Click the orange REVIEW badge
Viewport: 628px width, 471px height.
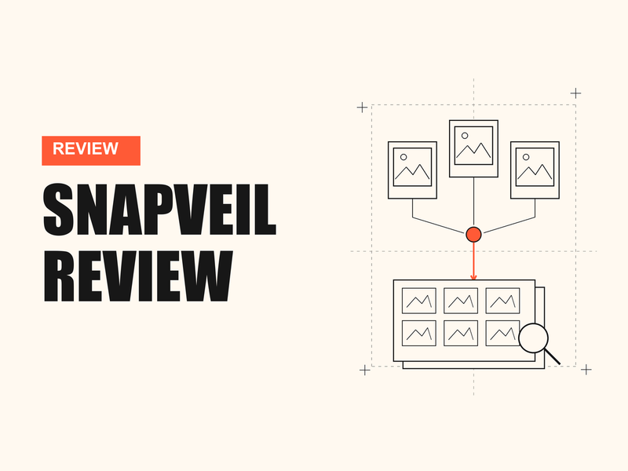91,151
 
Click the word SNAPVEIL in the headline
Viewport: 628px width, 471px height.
159,210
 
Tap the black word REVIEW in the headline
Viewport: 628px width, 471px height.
138,276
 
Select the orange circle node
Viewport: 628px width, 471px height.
473,235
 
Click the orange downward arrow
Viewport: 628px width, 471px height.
473,261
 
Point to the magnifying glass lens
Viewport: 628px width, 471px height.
533,338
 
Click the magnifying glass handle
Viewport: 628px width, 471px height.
553,357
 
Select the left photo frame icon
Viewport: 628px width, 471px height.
412,170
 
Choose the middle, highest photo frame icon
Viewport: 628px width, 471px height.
473,148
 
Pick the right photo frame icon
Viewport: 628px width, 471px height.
535,170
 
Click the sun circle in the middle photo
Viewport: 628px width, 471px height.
465,136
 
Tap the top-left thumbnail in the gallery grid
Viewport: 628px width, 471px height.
419,301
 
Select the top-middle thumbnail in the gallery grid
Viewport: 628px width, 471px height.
461,301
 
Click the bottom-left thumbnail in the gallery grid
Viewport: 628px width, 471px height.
419,333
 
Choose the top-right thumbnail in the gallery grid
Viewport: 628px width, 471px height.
502,301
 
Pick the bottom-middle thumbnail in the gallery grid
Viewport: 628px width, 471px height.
461,333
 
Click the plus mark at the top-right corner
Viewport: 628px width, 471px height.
575,93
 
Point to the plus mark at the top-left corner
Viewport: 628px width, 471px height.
362,108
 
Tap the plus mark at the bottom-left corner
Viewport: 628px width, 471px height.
364,370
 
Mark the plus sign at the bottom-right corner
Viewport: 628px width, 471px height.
586,370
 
